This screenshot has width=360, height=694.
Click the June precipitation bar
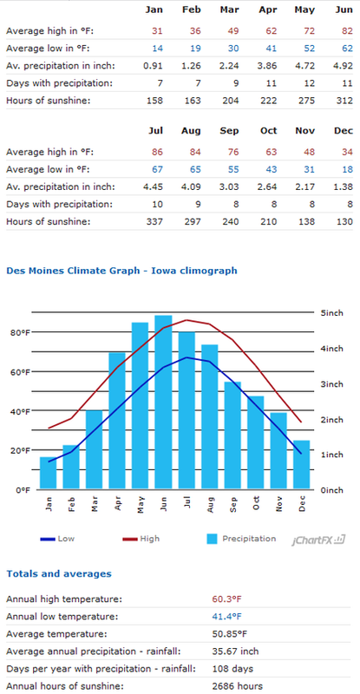tap(163, 402)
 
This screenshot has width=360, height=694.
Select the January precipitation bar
tap(48, 473)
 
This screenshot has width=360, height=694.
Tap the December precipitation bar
tap(302, 465)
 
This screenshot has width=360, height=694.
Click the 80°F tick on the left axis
tap(18, 333)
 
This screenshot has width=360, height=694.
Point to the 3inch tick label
tap(331, 384)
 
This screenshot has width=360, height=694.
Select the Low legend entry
tap(57, 539)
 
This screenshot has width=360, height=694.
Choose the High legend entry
tap(141, 539)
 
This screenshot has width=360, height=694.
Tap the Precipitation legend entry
tap(242, 539)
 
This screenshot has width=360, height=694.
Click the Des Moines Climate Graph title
tap(121, 271)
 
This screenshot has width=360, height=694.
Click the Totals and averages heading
tap(59, 574)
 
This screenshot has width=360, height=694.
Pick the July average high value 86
tap(157, 153)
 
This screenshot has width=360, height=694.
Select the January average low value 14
tap(157, 49)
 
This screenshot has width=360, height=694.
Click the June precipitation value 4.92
tap(344, 66)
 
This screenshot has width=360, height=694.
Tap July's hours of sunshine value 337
tap(154, 222)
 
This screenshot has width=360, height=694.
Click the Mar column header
tap(229, 10)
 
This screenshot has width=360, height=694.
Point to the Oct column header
tap(269, 131)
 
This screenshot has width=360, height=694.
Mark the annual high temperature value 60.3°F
tap(227, 599)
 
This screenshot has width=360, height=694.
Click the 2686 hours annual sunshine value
tap(238, 686)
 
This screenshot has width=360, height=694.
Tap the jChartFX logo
tap(318, 540)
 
